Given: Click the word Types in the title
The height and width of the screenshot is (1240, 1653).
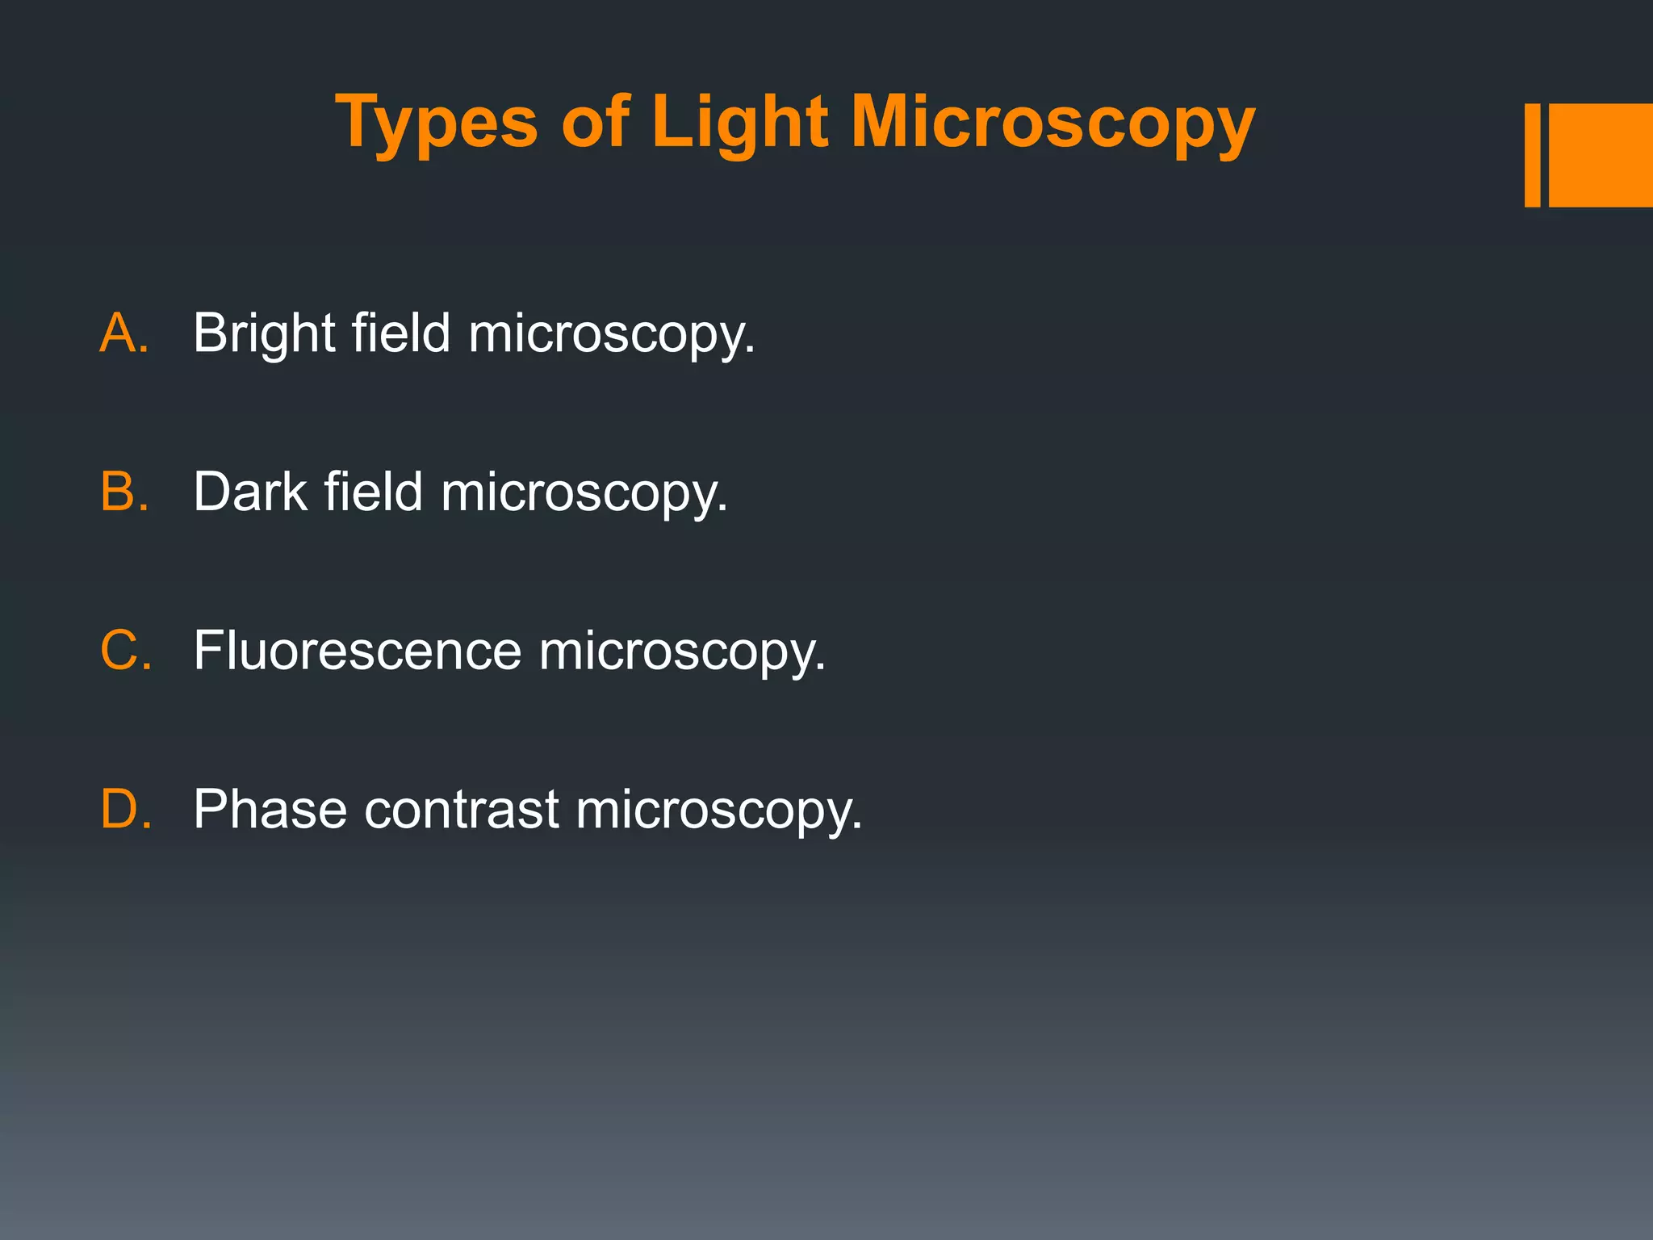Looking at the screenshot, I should point(436,123).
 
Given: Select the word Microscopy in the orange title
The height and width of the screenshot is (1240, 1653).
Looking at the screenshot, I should point(1052,123).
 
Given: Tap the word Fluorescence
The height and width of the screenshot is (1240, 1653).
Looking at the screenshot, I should point(358,650).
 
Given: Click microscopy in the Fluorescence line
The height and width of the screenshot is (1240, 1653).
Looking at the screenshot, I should point(682,651).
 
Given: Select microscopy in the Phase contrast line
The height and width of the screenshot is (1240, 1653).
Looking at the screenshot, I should point(718,810).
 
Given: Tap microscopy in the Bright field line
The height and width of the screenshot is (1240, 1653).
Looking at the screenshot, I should point(611,333).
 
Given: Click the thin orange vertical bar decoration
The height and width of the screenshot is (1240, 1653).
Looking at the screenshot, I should point(1532,155).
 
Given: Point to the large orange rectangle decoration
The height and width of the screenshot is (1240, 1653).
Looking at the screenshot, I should point(1601,155).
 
